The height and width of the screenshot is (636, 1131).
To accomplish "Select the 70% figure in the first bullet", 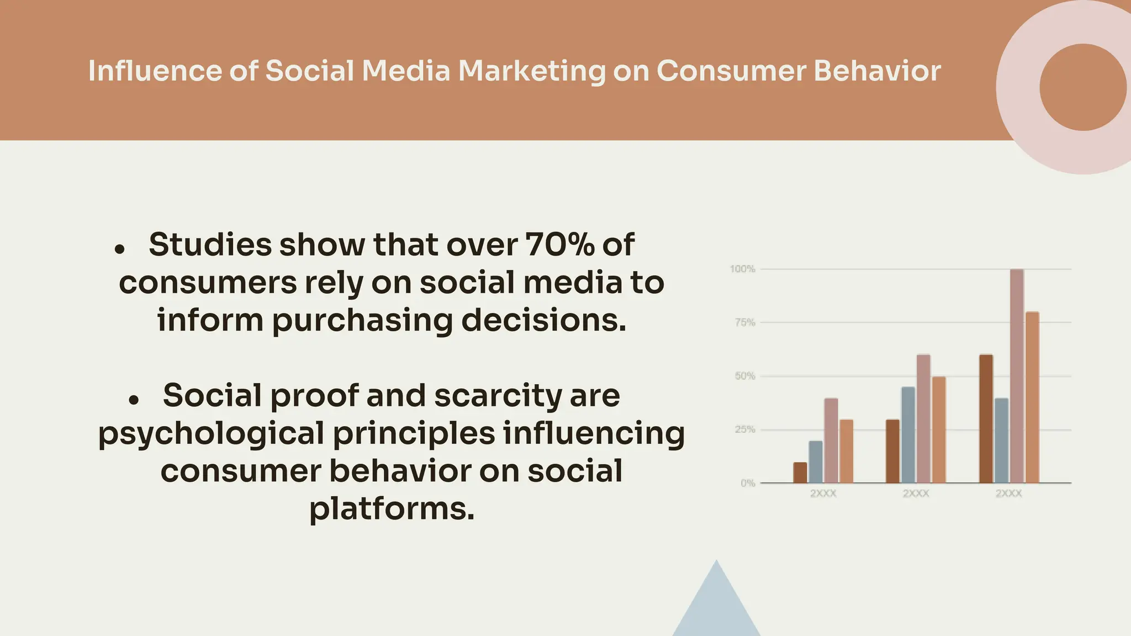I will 559,245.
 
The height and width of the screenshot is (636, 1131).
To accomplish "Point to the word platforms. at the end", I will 392,508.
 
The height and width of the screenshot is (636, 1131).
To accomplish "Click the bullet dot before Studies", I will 119,250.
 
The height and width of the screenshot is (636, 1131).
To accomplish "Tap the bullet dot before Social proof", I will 133,400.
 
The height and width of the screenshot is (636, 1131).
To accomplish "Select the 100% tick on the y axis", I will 742,269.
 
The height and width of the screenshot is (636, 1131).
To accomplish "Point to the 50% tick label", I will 744,376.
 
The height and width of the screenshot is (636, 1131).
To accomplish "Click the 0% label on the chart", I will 747,483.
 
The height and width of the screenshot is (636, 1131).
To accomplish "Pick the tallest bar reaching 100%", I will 1017,375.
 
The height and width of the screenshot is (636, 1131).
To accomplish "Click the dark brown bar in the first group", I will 800,473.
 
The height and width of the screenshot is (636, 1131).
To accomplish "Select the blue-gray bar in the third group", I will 1001,441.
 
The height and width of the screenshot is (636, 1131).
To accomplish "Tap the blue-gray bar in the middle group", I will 908,435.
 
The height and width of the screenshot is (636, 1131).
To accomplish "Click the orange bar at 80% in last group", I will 1032,397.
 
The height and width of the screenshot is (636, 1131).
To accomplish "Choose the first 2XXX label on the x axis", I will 823,494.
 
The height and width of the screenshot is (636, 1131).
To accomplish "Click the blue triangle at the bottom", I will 716,607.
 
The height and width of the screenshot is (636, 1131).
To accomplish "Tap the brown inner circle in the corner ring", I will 1082,87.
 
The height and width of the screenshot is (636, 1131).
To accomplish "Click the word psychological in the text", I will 211,434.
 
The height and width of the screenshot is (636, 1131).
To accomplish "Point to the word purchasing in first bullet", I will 362,321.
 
